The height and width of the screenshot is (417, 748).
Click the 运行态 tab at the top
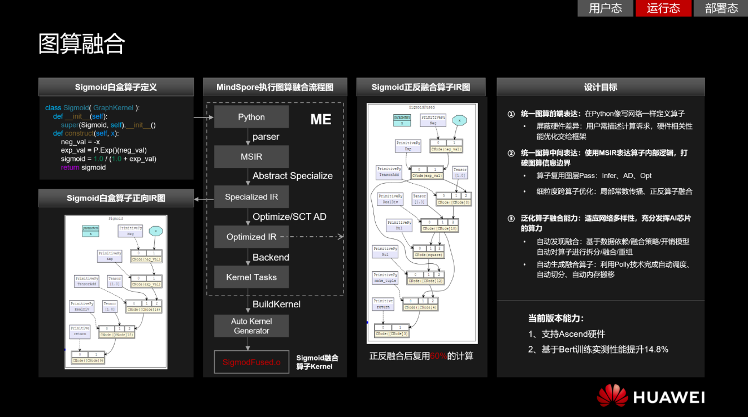tap(663, 8)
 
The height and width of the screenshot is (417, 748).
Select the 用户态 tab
tap(605, 8)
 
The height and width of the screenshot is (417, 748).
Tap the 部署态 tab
tap(721, 8)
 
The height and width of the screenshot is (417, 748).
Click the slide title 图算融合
tap(82, 44)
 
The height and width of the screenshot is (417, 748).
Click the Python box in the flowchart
tap(251, 117)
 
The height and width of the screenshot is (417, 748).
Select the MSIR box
tap(251, 157)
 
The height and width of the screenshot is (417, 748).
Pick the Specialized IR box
tap(251, 197)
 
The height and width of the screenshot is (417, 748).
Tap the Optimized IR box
tap(251, 237)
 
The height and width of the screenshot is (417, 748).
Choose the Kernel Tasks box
tap(251, 277)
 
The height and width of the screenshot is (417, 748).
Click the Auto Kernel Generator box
tap(251, 326)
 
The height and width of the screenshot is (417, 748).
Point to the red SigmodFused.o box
tap(251, 362)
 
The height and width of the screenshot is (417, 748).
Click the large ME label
tap(321, 119)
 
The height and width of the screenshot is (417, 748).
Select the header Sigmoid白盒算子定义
tap(116, 87)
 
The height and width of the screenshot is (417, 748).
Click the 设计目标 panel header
tap(601, 87)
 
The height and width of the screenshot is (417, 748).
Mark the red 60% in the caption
tap(438, 356)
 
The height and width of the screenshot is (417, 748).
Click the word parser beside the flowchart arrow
tap(266, 137)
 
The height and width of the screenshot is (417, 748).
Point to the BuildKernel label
tap(276, 304)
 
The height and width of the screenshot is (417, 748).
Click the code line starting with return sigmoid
tap(83, 167)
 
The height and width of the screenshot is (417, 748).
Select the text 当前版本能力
tap(556, 318)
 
